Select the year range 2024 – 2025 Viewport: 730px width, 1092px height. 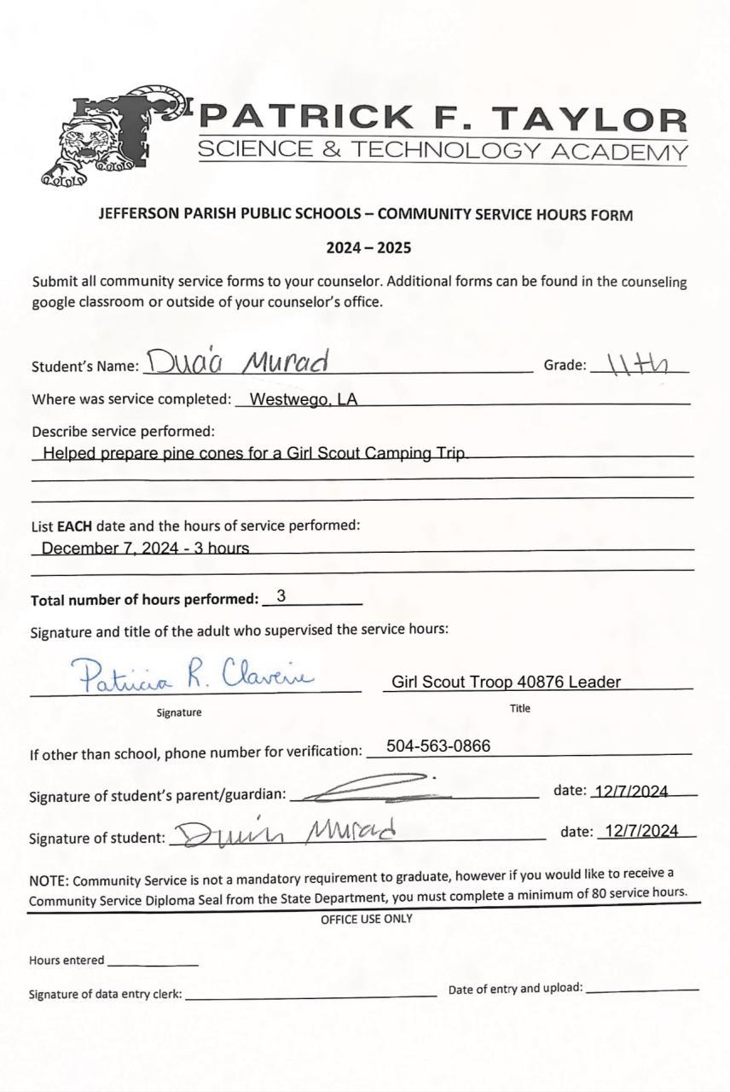point(368,248)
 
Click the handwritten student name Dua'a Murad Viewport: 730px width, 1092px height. point(237,363)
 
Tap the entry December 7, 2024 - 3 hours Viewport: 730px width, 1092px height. point(145,548)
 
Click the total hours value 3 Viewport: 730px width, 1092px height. point(281,596)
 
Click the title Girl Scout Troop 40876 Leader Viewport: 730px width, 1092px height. point(506,682)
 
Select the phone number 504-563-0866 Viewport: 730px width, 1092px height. point(438,746)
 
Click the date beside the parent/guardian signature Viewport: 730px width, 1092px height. point(631,791)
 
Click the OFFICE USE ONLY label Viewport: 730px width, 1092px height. point(366,919)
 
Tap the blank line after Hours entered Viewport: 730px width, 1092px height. point(153,963)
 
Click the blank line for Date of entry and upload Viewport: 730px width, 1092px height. point(642,990)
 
